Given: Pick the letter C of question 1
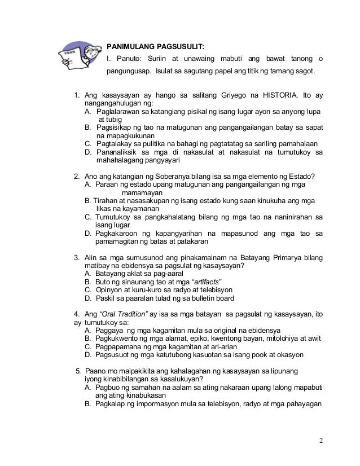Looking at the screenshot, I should click(87, 143).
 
